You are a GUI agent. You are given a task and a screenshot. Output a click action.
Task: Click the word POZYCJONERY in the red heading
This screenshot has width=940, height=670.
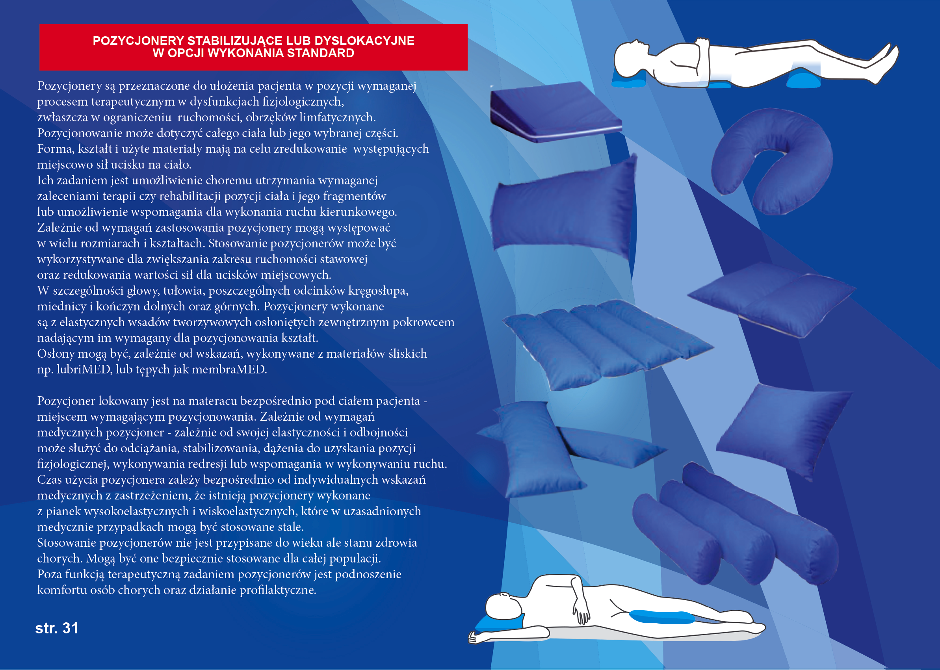[x=138, y=41]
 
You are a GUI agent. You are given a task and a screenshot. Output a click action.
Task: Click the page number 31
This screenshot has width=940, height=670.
[x=70, y=628]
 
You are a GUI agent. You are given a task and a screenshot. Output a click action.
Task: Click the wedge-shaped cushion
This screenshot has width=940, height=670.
[x=555, y=112]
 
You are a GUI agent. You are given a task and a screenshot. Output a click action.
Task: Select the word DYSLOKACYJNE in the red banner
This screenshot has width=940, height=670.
[x=364, y=41]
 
